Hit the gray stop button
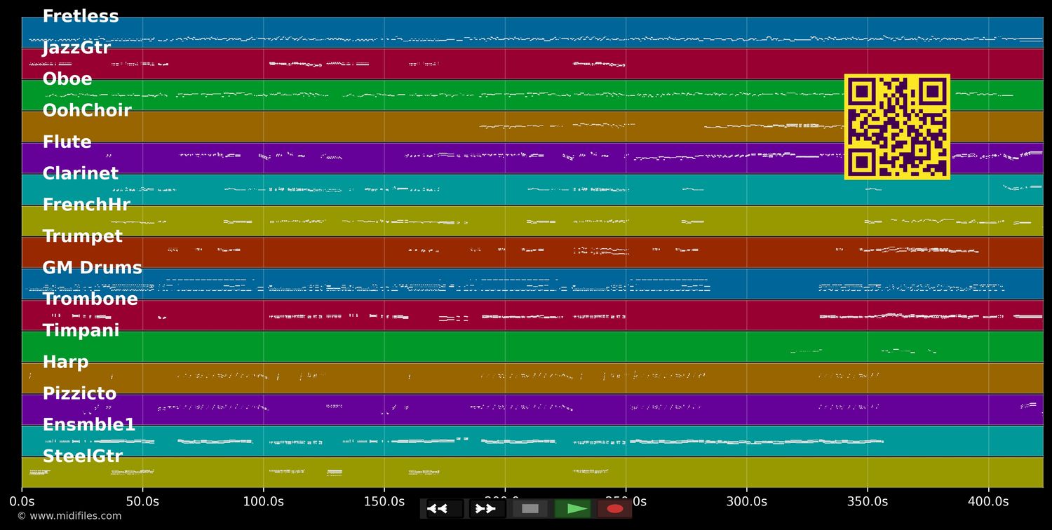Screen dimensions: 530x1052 click(530, 509)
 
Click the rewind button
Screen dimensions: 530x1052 click(445, 509)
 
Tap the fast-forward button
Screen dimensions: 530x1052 click(487, 509)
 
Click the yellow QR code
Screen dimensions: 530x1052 click(897, 127)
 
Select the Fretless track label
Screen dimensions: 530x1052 click(81, 17)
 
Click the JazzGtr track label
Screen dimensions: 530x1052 click(76, 48)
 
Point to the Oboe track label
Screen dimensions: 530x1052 click(67, 80)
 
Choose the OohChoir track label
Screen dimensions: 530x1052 click(87, 111)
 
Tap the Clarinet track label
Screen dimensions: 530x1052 click(81, 174)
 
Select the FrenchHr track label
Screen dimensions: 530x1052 click(86, 205)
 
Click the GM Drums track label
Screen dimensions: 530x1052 click(92, 269)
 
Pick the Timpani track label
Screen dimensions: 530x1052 click(81, 331)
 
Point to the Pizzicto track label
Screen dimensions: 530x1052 click(79, 394)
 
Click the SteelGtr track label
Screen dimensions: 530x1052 click(82, 457)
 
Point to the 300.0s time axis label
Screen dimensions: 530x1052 click(746, 502)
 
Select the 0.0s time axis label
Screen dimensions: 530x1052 click(22, 502)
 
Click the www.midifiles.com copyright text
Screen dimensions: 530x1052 click(69, 517)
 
